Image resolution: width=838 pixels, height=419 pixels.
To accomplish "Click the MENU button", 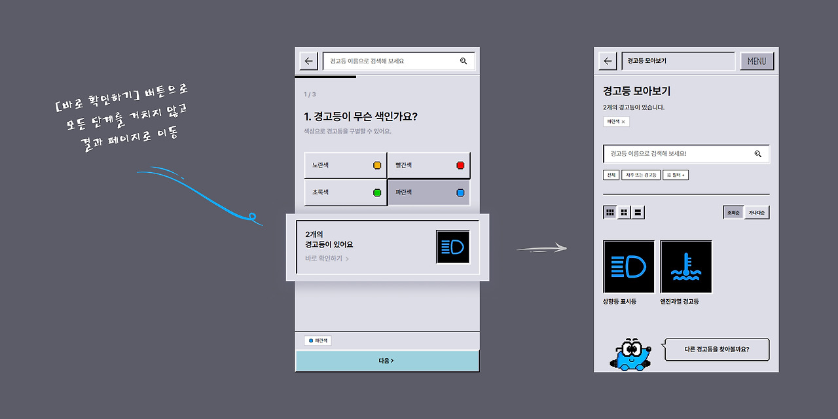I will pos(757,61).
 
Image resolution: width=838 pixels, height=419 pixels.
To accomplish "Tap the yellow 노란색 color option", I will pos(345,165).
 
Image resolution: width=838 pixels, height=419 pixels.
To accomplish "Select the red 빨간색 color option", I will pos(428,165).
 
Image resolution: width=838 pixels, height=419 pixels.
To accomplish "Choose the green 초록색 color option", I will pos(345,192).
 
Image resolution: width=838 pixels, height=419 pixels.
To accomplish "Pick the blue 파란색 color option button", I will pos(428,192).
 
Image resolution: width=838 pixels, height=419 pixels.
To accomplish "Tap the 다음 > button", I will pos(386,361).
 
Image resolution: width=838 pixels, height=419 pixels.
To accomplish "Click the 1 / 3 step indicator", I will pos(310,94).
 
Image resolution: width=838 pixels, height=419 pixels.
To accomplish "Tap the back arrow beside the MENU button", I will pos(608,61).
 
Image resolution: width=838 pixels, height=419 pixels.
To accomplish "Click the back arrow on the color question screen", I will pos(309,61).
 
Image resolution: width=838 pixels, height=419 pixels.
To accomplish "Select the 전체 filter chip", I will pos(611,175).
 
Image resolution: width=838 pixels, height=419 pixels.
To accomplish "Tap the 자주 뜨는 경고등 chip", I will pos(641,175).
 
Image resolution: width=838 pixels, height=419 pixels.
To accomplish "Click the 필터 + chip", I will pos(676,175).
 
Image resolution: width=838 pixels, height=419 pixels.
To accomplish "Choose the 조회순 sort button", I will pos(733,212).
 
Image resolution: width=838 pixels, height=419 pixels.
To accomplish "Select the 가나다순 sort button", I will pos(757,212).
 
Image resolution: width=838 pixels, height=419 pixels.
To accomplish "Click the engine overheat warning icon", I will pos(686,266).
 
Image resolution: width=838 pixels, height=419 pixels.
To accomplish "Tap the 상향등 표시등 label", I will pos(619,302).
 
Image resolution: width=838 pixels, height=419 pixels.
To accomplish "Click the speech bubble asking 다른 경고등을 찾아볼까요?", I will pos(716,350).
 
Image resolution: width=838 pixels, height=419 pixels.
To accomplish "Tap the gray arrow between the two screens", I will pos(541,248).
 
